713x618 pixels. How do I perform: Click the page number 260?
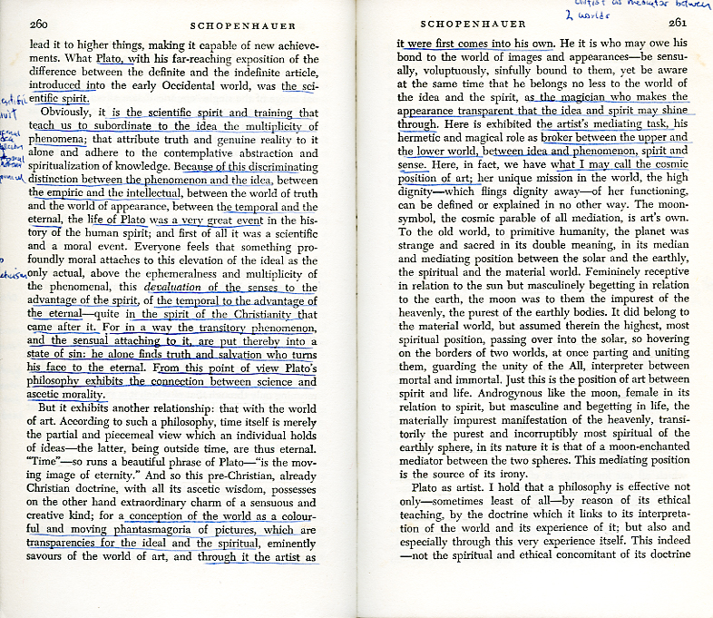click(x=41, y=25)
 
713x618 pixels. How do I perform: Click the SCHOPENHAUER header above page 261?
click(x=493, y=25)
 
